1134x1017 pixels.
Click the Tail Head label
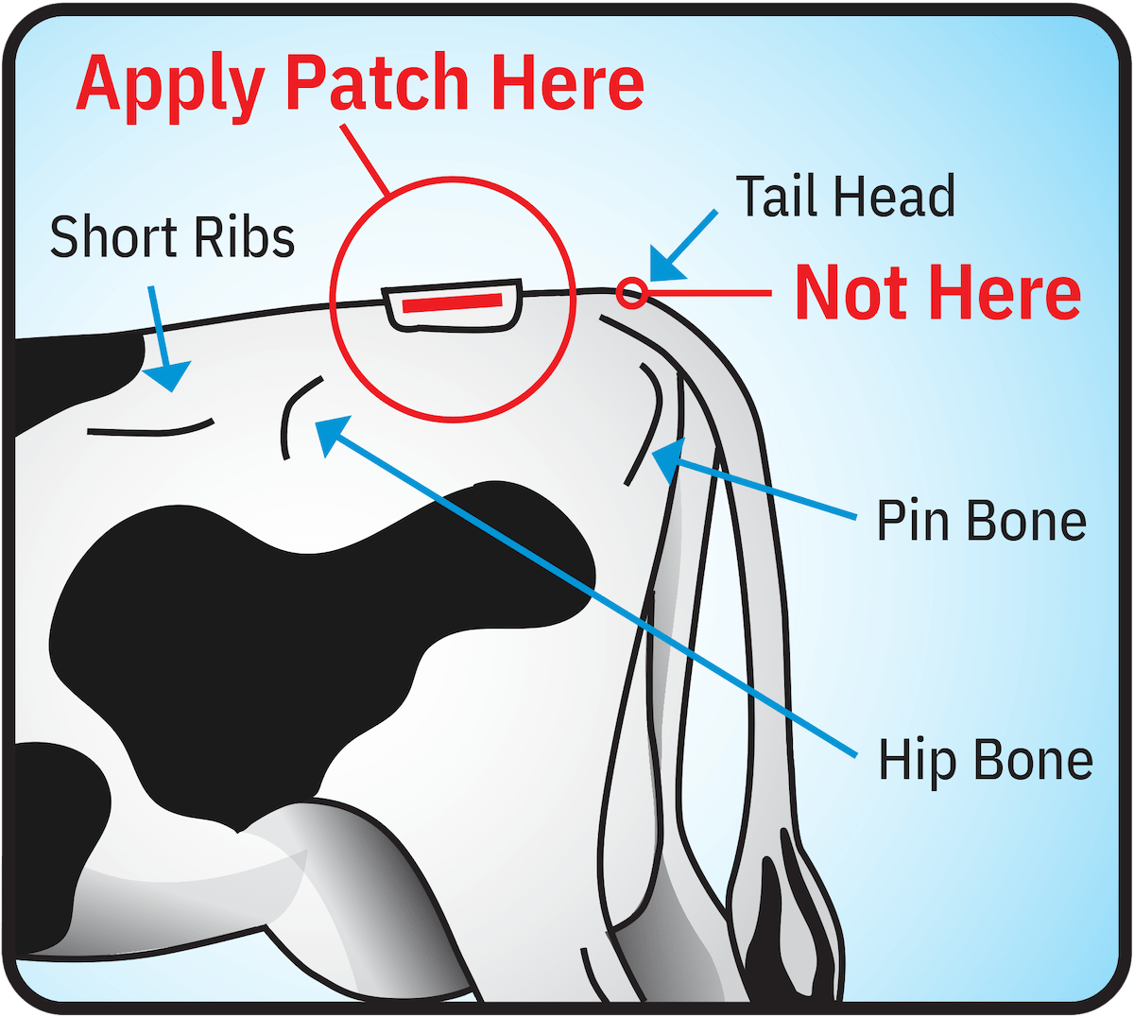click(845, 197)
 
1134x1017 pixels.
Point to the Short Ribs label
click(172, 236)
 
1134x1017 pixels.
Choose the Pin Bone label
click(981, 521)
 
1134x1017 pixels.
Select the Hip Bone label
click(985, 760)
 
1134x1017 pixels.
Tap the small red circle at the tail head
click(631, 293)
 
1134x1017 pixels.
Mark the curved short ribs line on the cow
click(151, 431)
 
